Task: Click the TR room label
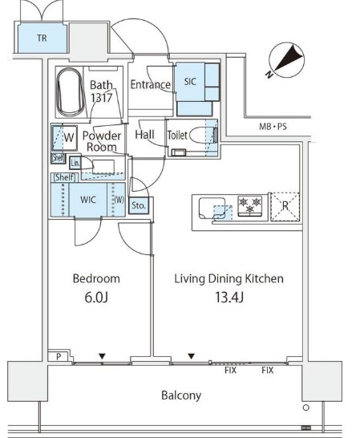42,38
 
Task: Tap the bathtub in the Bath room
71,92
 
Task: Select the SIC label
190,82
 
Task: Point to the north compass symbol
286,60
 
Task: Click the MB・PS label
273,127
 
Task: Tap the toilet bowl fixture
199,135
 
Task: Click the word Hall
144,135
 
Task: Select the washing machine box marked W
65,137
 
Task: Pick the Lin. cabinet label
75,163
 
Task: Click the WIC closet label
88,200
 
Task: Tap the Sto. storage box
139,205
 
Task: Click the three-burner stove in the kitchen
250,206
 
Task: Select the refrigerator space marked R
285,206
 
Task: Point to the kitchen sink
212,208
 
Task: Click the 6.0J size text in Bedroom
96,298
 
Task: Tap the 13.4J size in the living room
229,297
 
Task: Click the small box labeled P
59,356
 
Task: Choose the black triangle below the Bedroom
102,356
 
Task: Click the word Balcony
181,395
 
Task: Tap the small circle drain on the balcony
306,408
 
